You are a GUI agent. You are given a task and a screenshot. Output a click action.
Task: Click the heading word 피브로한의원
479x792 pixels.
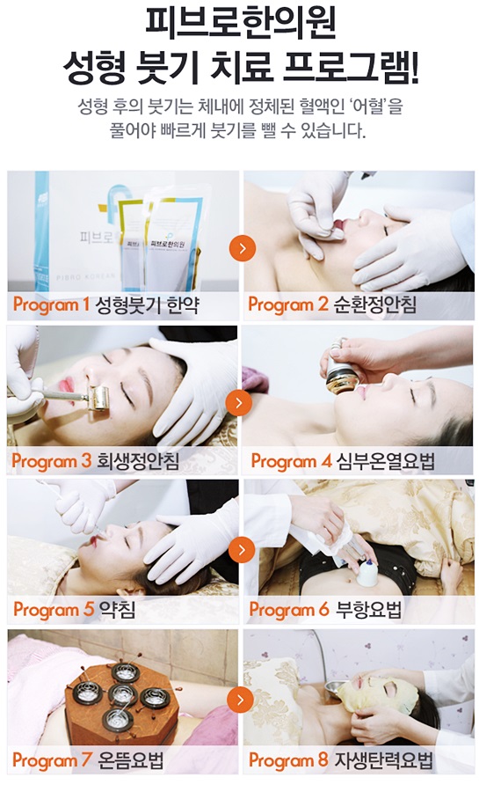pyautogui.click(x=240, y=24)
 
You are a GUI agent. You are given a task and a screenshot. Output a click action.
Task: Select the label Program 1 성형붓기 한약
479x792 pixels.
pyautogui.click(x=105, y=304)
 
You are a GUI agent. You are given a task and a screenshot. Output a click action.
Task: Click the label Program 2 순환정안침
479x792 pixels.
pyautogui.click(x=332, y=304)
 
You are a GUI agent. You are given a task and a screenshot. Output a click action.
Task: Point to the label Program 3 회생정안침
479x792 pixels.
pyautogui.click(x=95, y=460)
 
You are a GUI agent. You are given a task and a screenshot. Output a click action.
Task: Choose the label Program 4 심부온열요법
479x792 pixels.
pyautogui.click(x=343, y=460)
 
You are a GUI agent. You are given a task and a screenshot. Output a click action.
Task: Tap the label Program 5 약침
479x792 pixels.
pyautogui.click(x=74, y=609)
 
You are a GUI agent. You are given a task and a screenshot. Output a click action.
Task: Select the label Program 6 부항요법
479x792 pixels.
pyautogui.click(x=326, y=609)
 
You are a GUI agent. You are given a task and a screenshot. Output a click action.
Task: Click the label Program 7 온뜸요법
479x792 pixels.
pyautogui.click(x=88, y=759)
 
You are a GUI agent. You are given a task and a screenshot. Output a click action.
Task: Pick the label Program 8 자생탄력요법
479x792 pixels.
pyautogui.click(x=341, y=759)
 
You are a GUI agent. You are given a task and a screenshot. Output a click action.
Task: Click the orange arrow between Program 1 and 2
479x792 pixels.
pyautogui.click(x=243, y=248)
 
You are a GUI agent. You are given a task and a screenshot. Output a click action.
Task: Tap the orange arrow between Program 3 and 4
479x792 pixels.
pyautogui.click(x=239, y=402)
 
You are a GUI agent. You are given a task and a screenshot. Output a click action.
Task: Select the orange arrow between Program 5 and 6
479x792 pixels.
pyautogui.click(x=242, y=549)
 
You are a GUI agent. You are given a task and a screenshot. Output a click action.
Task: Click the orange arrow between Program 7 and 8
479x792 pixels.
pyautogui.click(x=240, y=700)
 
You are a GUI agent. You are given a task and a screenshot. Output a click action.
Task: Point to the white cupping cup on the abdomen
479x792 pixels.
pyautogui.click(x=367, y=574)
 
